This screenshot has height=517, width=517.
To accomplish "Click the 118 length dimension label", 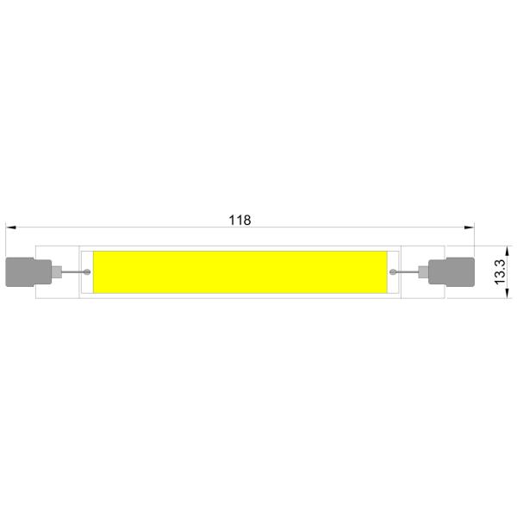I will (x=240, y=220).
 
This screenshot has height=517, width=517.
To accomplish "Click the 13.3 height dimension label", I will (x=498, y=272).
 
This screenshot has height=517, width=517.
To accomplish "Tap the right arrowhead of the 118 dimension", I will (x=470, y=227).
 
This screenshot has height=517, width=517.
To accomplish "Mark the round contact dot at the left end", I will (x=88, y=272).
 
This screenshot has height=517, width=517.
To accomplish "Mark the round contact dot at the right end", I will (x=393, y=272).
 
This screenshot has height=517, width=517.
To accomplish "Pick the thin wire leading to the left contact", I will (x=72, y=273).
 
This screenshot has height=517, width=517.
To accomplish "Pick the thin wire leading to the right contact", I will (x=408, y=273).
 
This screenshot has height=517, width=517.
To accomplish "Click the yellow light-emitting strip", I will (x=240, y=272).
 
